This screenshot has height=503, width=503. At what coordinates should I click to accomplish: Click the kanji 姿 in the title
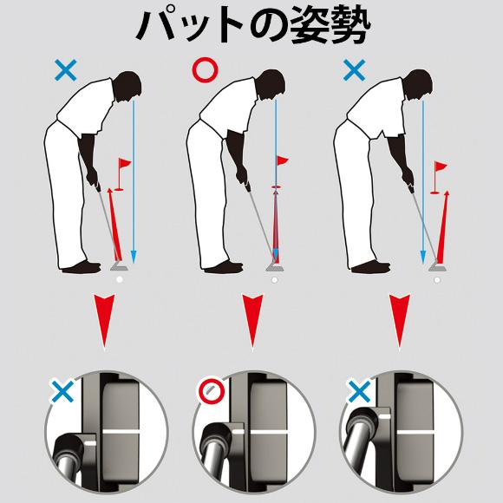(x=310, y=26)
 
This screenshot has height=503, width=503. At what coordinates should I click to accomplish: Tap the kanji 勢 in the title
(x=350, y=26)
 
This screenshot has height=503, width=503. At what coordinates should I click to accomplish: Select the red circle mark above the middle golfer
(x=206, y=70)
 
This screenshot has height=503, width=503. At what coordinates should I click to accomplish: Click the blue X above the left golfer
(x=66, y=70)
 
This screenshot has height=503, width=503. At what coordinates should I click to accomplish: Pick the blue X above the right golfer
(x=354, y=70)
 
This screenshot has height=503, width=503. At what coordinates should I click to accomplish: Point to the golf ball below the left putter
(x=120, y=280)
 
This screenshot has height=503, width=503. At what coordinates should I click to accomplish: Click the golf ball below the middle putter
(x=274, y=280)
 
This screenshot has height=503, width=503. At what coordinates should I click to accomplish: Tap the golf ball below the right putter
(x=437, y=280)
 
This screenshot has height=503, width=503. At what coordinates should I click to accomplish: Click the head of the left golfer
(x=127, y=86)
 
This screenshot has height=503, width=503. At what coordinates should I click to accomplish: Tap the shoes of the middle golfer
(x=222, y=267)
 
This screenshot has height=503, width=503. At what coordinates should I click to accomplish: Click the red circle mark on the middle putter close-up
(x=212, y=391)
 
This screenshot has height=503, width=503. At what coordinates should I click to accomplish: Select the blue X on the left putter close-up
(x=62, y=391)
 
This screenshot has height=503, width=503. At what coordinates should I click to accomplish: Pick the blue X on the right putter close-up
(x=360, y=391)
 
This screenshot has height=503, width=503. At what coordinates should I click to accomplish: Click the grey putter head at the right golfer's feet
(x=438, y=267)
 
